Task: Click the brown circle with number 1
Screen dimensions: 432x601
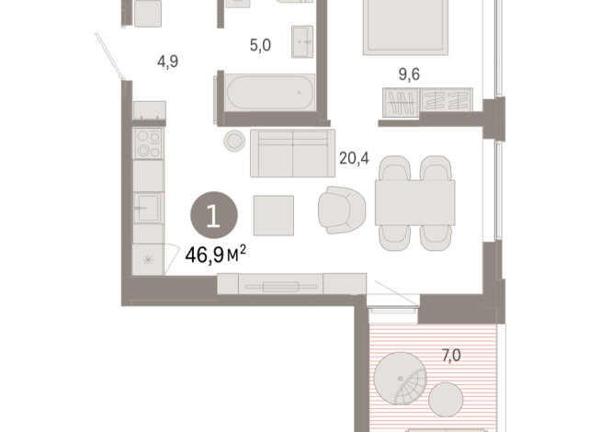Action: (213, 216)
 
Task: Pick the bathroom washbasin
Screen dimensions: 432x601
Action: (303, 40)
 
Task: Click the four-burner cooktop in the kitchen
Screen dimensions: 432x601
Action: (148, 143)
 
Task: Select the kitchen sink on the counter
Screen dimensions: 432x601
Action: (147, 205)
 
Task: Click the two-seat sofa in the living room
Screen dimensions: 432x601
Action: (289, 153)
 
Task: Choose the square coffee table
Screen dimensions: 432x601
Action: (274, 215)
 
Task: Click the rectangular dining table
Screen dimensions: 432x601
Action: (414, 204)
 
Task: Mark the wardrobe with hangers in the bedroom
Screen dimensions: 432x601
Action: (427, 102)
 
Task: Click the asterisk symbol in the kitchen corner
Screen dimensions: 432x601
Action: (147, 259)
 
